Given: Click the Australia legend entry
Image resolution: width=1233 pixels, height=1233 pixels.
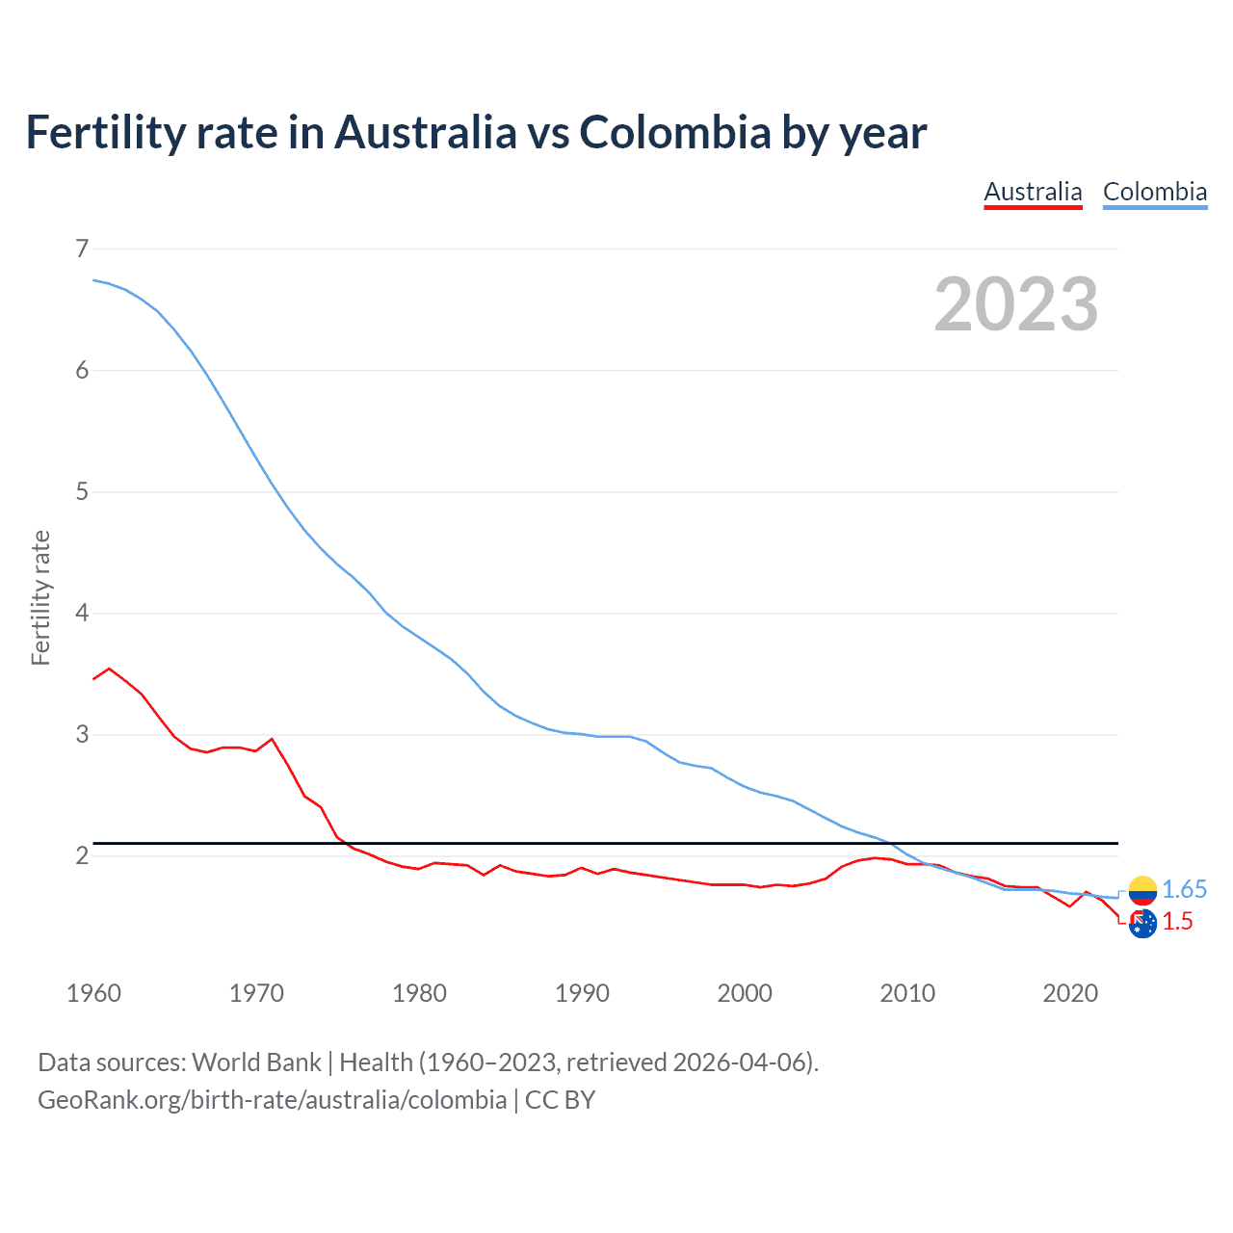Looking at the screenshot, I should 1033,192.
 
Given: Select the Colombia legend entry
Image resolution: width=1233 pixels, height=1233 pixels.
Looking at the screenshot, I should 1154,192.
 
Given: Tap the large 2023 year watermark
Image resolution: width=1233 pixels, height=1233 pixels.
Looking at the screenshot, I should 1015,304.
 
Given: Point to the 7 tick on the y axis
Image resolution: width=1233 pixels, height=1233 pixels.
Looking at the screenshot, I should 82,249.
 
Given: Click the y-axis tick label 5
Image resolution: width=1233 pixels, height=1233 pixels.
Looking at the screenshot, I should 82,492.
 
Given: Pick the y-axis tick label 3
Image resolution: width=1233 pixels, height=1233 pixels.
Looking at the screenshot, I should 82,735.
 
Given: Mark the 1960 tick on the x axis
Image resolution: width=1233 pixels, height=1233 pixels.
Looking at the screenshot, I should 93,993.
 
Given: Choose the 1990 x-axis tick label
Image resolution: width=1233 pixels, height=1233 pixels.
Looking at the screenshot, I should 582,993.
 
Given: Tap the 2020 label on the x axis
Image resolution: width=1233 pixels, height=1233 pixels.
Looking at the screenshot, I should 1070,993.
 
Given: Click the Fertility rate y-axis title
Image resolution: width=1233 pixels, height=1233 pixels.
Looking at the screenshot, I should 40,597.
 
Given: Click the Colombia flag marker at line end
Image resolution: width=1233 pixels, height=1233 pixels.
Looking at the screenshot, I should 1142,890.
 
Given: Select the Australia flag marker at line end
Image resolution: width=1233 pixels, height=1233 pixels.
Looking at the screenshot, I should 1142,924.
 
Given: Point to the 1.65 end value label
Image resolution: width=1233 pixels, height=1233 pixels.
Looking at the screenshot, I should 1184,889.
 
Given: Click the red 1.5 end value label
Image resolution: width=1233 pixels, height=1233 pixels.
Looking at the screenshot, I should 1177,922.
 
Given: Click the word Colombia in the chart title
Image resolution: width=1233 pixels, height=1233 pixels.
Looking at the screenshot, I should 674,133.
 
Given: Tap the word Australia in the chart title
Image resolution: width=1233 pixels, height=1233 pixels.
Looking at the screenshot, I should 426,133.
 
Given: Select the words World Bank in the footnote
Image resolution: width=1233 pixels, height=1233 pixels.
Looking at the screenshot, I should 256,1062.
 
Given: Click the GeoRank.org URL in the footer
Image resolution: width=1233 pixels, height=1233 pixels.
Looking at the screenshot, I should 272,1100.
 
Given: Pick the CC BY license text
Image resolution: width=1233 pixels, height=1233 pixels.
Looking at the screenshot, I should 560,1100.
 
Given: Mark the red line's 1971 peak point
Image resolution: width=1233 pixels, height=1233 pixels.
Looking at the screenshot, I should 272,739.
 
